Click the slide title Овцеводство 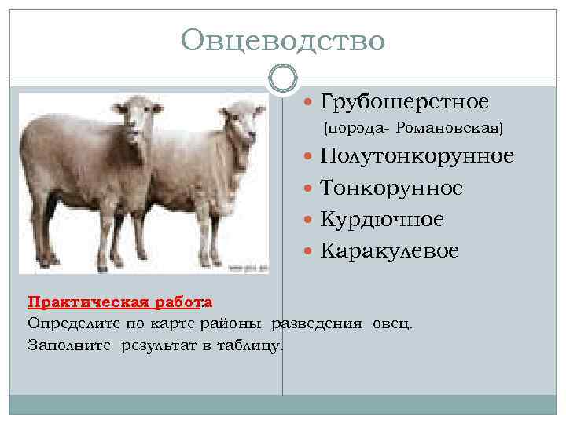(x=282, y=40)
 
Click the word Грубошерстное (x=404, y=102)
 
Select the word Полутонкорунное (x=417, y=156)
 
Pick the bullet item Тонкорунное (x=391, y=188)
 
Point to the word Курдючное (x=382, y=219)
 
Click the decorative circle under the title (x=282, y=78)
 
